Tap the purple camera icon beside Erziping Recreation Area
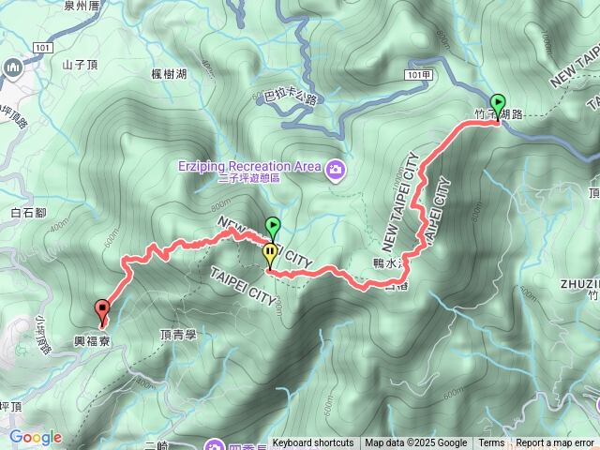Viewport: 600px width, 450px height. click(x=336, y=170)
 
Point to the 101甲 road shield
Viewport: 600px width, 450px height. click(x=421, y=73)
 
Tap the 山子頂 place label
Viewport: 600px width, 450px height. click(x=80, y=65)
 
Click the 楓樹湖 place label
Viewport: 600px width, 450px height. click(x=170, y=74)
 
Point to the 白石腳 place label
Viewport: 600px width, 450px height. click(x=28, y=214)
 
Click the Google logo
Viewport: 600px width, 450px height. click(x=36, y=437)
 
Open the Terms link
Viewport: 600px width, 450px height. click(x=491, y=443)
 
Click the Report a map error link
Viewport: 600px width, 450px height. click(x=555, y=443)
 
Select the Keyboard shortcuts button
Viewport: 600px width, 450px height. click(x=313, y=443)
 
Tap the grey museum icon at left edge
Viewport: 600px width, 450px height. click(x=12, y=68)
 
